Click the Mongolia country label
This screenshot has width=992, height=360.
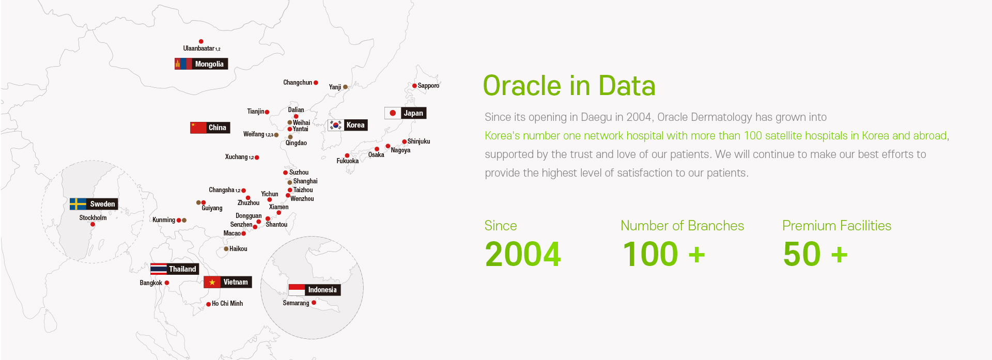pyautogui.click(x=209, y=64)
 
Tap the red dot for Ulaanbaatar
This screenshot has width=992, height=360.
pyautogui.click(x=201, y=41)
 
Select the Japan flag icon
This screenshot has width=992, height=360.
pyautogui.click(x=393, y=113)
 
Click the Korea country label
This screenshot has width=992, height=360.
pyautogui.click(x=355, y=125)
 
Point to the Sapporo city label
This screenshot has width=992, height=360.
pyautogui.click(x=428, y=86)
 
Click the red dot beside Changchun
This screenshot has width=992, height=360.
pyautogui.click(x=316, y=83)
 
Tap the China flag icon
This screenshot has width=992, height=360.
pyautogui.click(x=198, y=128)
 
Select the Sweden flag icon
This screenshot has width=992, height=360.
pyautogui.click(x=78, y=204)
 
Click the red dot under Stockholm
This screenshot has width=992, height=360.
pyautogui.click(x=92, y=224)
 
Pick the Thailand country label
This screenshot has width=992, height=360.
pyautogui.click(x=182, y=269)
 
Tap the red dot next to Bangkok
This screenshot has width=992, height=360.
pyautogui.click(x=166, y=283)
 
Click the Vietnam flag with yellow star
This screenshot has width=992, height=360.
pyautogui.click(x=212, y=282)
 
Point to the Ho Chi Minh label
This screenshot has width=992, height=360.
pyautogui.click(x=227, y=304)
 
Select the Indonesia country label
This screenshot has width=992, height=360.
pyautogui.click(x=322, y=290)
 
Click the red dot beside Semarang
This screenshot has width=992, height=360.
pyautogui.click(x=314, y=303)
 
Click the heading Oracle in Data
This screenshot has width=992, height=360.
pyautogui.click(x=569, y=86)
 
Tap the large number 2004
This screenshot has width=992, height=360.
pyautogui.click(x=523, y=254)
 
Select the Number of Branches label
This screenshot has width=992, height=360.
pyautogui.click(x=682, y=226)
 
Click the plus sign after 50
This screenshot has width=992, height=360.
pyautogui.click(x=839, y=255)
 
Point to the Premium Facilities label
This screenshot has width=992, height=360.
pyautogui.click(x=836, y=226)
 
